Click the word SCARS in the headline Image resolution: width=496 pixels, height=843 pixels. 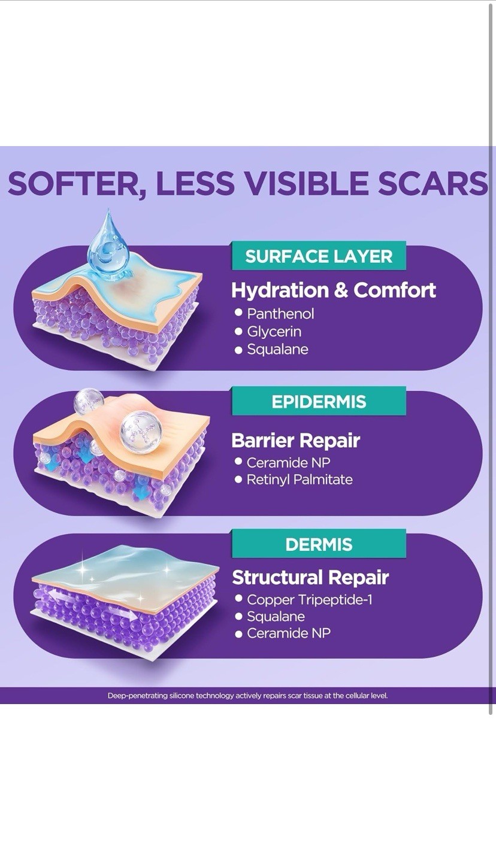[x=433, y=183]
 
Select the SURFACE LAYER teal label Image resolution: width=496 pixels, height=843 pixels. [x=319, y=256]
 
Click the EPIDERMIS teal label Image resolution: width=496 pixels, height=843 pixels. [x=319, y=402]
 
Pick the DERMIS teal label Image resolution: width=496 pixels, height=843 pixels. [x=319, y=544]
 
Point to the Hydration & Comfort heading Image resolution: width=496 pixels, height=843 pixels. [x=334, y=290]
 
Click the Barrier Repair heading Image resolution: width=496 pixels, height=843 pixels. [x=296, y=441]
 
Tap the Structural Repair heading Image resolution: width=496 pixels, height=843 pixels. [x=310, y=578]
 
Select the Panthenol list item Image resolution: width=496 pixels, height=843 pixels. [x=280, y=314]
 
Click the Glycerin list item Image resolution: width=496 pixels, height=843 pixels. [x=274, y=332]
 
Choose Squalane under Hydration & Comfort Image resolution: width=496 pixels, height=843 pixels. [x=277, y=349]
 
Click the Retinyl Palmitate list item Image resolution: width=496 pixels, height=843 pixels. [x=300, y=480]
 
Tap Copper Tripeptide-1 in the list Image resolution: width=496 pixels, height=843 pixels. [x=310, y=599]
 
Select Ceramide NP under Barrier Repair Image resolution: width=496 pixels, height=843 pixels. [x=288, y=463]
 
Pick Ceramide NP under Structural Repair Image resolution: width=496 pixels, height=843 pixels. [x=289, y=633]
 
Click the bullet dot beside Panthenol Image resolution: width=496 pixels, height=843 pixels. [x=238, y=313]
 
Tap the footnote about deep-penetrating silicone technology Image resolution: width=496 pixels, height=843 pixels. [x=247, y=696]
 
